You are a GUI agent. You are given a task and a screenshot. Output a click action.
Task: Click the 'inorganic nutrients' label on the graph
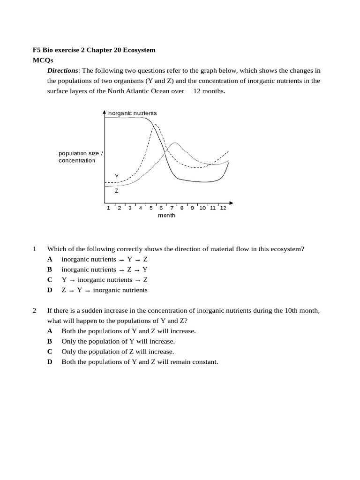(132, 113)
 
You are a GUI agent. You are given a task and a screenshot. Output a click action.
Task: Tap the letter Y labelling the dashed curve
(117, 176)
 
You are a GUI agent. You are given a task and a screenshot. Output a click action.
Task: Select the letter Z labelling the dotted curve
(116, 191)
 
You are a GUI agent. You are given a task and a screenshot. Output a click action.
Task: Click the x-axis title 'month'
(166, 216)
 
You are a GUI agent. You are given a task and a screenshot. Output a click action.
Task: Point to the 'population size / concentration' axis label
(80, 157)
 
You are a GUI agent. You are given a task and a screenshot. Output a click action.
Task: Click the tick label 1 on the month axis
(108, 208)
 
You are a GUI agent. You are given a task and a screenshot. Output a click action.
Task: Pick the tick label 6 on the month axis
(161, 208)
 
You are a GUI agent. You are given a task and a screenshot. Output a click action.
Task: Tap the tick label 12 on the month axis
(223, 208)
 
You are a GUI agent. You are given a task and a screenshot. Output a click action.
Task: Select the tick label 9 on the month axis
(192, 208)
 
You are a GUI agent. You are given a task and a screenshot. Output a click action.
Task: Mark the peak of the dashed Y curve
(155, 125)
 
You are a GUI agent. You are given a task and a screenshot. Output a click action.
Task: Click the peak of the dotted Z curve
(174, 142)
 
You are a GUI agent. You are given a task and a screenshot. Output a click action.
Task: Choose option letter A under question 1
(50, 259)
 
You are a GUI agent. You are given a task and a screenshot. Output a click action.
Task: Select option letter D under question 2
(50, 362)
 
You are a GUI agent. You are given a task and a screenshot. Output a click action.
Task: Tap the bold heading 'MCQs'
(43, 60)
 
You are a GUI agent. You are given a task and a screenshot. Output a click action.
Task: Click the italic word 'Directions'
(63, 70)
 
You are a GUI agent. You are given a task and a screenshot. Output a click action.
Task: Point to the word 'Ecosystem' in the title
(139, 50)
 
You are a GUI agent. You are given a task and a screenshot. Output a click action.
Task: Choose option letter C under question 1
(50, 280)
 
